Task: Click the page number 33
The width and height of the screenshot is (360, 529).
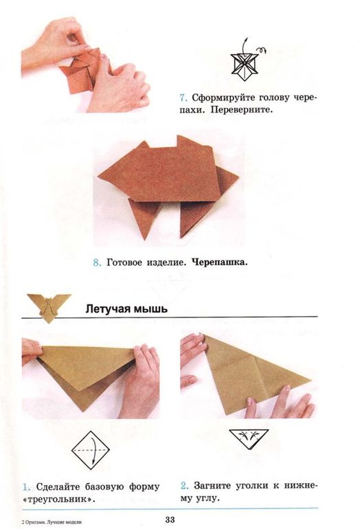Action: pyautogui.click(x=170, y=519)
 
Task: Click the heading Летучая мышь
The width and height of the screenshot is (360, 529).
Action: pyautogui.click(x=126, y=308)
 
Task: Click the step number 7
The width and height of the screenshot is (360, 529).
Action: pyautogui.click(x=184, y=98)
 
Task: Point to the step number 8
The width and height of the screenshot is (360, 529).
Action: pyautogui.click(x=96, y=262)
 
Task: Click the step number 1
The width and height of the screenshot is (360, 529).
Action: pyautogui.click(x=25, y=487)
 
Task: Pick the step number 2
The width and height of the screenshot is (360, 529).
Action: pyautogui.click(x=184, y=487)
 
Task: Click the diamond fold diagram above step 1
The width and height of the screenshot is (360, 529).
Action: pyautogui.click(x=91, y=451)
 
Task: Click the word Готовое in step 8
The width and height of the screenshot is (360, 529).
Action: pyautogui.click(x=128, y=262)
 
